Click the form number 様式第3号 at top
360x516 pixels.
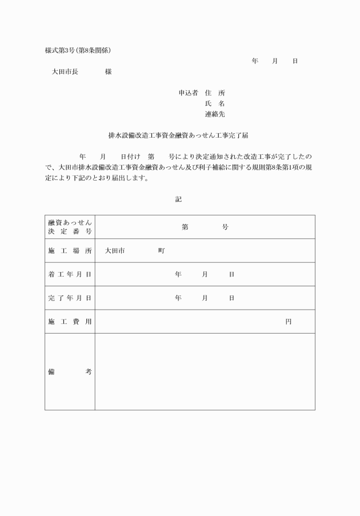(x=61, y=50)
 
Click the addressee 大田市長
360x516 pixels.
(x=65, y=72)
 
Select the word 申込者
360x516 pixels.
(x=188, y=93)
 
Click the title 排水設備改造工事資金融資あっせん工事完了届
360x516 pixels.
(x=178, y=136)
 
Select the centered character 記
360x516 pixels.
(x=179, y=199)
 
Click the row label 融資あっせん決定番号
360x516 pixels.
(x=70, y=227)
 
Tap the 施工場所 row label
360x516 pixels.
(x=70, y=251)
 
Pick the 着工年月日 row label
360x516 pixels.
(x=70, y=274)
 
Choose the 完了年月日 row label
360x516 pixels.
(x=70, y=298)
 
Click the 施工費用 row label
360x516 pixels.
(x=70, y=322)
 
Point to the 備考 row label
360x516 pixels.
(x=70, y=371)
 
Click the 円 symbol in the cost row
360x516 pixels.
(x=289, y=322)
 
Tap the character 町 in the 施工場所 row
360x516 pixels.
(x=162, y=251)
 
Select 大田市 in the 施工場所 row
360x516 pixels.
(x=115, y=251)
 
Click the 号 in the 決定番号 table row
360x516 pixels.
(x=225, y=227)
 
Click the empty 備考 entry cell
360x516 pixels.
(x=205, y=371)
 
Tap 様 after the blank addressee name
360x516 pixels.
(x=109, y=72)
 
